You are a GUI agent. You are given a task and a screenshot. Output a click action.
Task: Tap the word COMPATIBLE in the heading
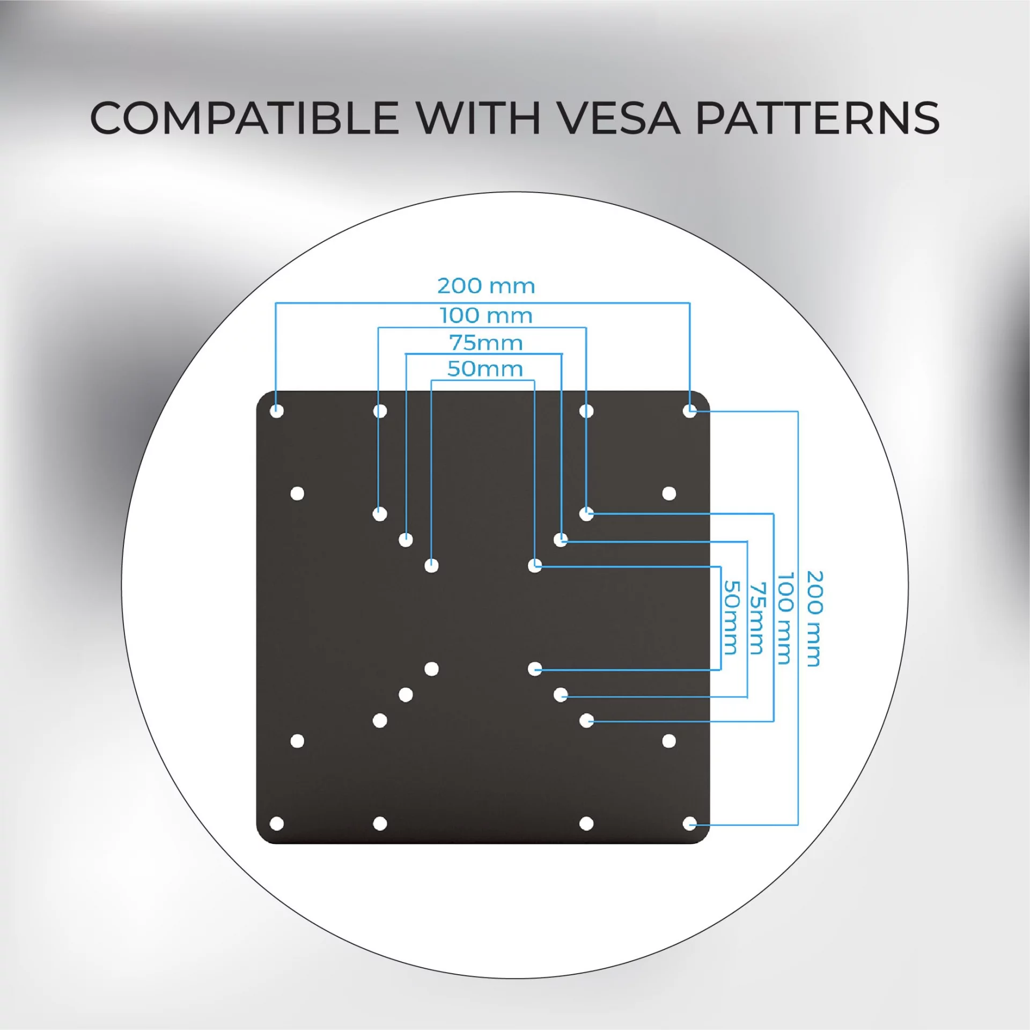pos(244,117)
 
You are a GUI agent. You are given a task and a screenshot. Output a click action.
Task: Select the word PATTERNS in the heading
pos(817,117)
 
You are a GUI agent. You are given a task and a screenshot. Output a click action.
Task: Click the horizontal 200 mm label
pos(486,286)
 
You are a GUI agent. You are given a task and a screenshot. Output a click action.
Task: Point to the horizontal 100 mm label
pos(486,315)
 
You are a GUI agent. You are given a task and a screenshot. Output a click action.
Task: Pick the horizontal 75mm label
pos(486,343)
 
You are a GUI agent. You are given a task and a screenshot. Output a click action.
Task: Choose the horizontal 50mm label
pos(485,369)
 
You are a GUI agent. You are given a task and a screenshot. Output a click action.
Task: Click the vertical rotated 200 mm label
pos(814,619)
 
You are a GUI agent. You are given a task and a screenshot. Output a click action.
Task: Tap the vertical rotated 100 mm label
pos(785,618)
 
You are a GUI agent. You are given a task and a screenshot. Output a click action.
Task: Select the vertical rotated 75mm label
pos(756,618)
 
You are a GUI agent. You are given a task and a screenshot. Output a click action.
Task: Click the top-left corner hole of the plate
pos(277,411)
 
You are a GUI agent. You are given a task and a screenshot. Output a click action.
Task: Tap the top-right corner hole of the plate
pos(689,411)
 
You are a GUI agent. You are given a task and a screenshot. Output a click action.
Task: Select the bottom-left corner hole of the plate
pos(277,823)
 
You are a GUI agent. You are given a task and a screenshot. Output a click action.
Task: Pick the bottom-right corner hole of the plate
pos(689,823)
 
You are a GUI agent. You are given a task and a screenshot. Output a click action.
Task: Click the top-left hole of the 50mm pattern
pos(431,565)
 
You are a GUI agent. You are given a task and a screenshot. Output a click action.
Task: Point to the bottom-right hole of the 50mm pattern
pos(534,669)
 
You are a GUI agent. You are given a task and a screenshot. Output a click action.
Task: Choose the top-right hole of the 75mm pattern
pos(561,540)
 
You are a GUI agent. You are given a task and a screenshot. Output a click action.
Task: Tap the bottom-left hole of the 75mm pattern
pos(406,695)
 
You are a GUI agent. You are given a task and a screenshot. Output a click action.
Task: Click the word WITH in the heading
pos(479,117)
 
